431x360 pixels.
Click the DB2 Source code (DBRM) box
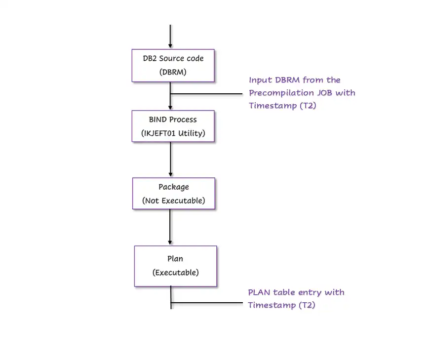173,65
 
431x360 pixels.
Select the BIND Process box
173,126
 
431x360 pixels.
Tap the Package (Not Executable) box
173,194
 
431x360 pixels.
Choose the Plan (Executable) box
175,266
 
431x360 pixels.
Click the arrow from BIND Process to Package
170,159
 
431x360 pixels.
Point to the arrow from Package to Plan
170,227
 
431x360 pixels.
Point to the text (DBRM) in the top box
173,72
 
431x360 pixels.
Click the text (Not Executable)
173,200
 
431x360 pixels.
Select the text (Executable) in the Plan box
175,272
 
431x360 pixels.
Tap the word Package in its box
173,187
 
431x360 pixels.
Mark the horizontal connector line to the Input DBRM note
207,93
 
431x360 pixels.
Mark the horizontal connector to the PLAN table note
207,302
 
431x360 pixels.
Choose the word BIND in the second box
158,120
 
